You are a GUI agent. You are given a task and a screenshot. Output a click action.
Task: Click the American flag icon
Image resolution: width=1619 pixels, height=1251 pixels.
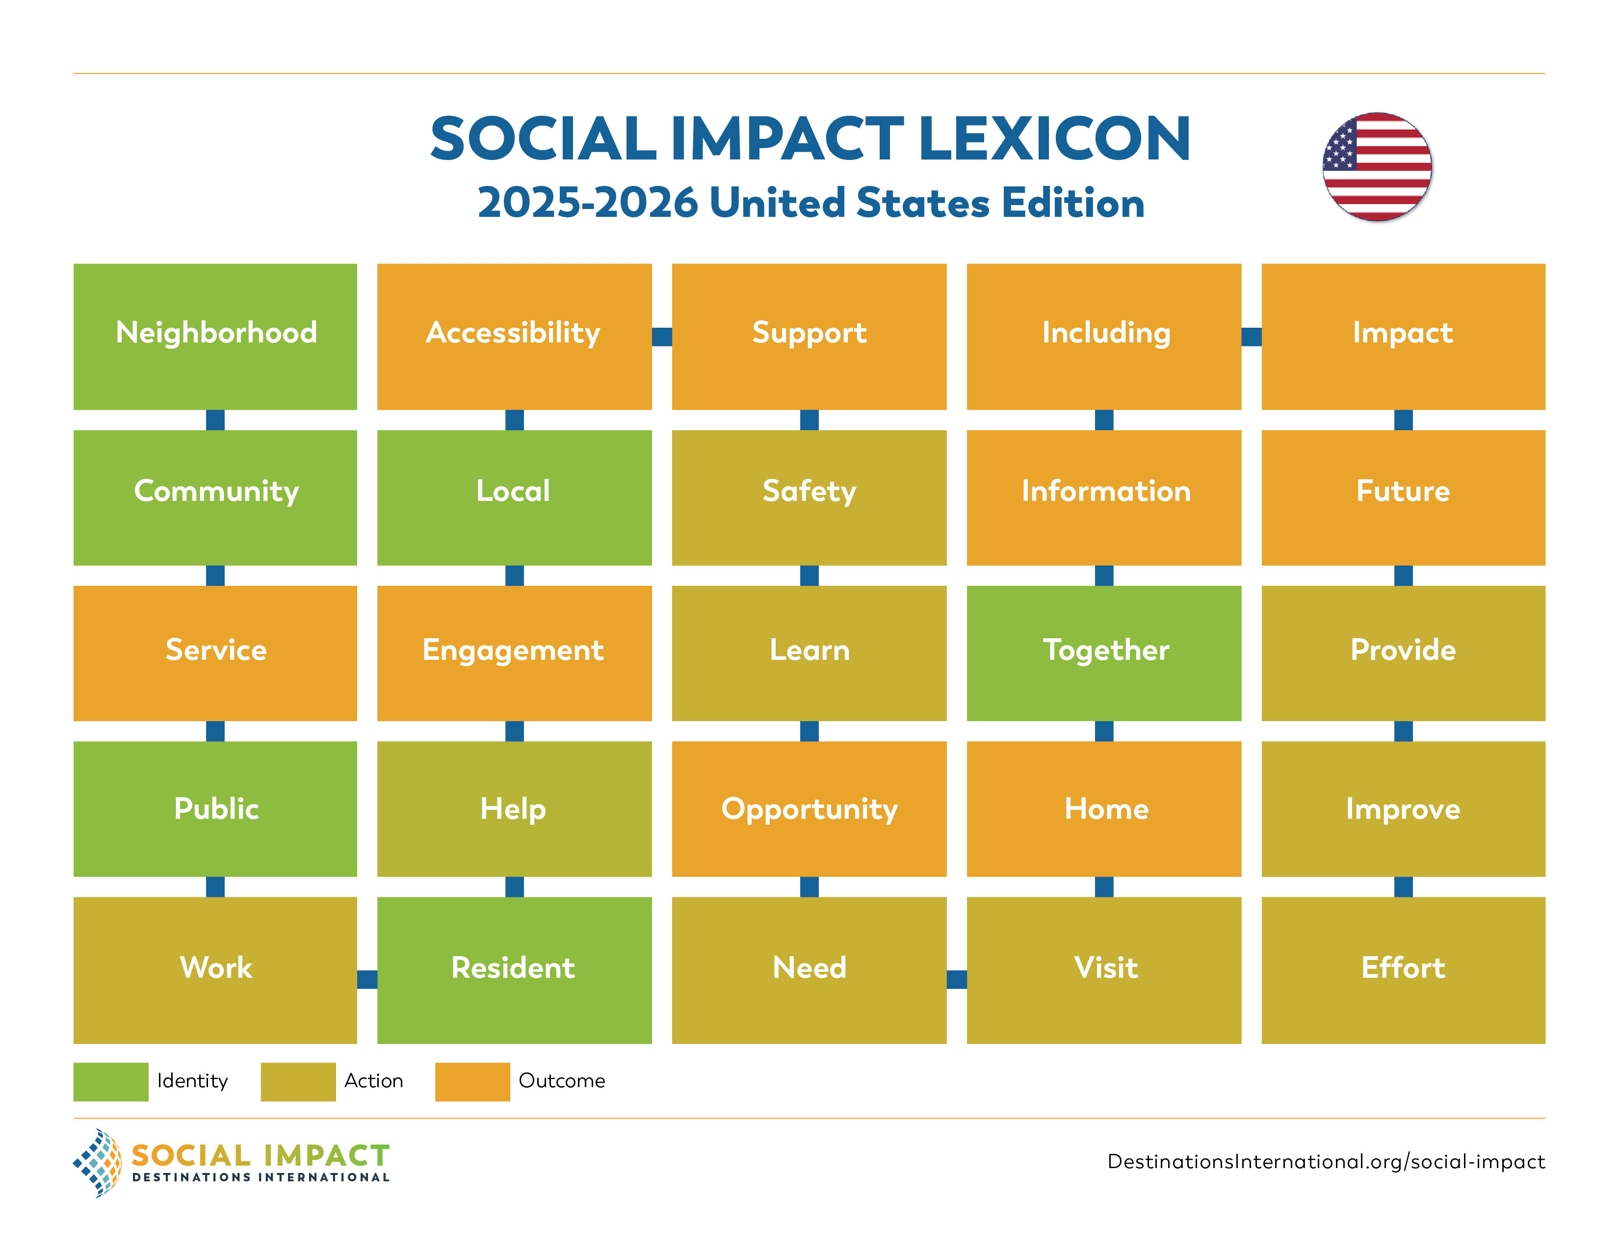click(1377, 167)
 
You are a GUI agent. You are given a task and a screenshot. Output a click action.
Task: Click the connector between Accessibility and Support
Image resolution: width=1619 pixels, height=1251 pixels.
click(661, 337)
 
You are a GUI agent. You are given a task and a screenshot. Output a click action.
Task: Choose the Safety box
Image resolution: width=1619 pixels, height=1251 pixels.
click(809, 497)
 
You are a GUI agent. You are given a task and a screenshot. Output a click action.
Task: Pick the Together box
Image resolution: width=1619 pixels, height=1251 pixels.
click(1104, 653)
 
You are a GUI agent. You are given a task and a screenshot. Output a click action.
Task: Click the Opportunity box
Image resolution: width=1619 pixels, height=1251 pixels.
click(809, 808)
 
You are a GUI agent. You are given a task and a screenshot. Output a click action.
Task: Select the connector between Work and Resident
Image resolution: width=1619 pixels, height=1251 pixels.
click(367, 979)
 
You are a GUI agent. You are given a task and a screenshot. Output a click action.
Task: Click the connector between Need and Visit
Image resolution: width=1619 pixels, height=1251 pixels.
click(956, 979)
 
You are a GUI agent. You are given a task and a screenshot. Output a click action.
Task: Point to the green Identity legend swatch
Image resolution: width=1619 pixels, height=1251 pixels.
click(110, 1081)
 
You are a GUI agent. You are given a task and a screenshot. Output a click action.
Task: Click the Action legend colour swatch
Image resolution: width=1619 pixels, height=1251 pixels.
click(298, 1081)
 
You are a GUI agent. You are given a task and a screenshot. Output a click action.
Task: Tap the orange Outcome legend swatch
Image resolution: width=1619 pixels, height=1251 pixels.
click(472, 1081)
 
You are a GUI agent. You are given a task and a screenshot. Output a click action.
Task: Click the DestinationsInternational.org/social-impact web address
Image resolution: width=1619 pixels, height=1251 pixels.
click(1326, 1161)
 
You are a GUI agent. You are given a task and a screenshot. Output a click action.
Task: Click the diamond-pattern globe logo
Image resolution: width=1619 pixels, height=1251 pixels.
click(98, 1162)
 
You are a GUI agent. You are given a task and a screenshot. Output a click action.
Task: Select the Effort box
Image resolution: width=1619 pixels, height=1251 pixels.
click(1403, 969)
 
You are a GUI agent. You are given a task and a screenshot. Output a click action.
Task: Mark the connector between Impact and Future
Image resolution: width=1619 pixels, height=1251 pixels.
click(1403, 419)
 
